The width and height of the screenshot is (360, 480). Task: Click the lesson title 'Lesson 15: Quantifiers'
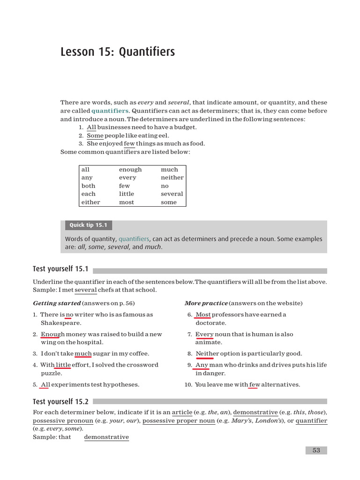coord(118,52)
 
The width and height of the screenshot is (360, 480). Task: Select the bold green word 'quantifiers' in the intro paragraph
coord(110,111)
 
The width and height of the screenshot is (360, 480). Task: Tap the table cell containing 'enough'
coord(130,170)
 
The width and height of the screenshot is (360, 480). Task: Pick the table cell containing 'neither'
coord(172,178)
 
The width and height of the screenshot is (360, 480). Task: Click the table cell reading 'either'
coord(90,202)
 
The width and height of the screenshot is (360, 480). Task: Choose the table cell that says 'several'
coord(172,194)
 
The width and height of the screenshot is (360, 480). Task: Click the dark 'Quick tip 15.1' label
coord(88,225)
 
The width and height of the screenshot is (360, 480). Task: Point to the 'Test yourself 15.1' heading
coord(60,269)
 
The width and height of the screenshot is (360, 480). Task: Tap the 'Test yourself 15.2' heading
coord(60,402)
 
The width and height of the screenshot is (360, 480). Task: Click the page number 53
coord(316,450)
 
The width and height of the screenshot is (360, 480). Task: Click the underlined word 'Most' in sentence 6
coord(203,315)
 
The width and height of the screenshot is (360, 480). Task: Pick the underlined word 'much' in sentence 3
coord(83,354)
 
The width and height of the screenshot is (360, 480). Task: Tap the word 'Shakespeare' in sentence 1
coord(60,323)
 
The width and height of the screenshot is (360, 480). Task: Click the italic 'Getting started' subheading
coord(57,303)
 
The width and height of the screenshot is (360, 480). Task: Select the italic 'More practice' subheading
coord(206,303)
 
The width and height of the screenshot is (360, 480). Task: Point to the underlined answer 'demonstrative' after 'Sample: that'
coord(106,437)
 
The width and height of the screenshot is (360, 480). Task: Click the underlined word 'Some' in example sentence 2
coord(95,136)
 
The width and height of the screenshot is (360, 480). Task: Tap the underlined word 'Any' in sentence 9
coord(202,365)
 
